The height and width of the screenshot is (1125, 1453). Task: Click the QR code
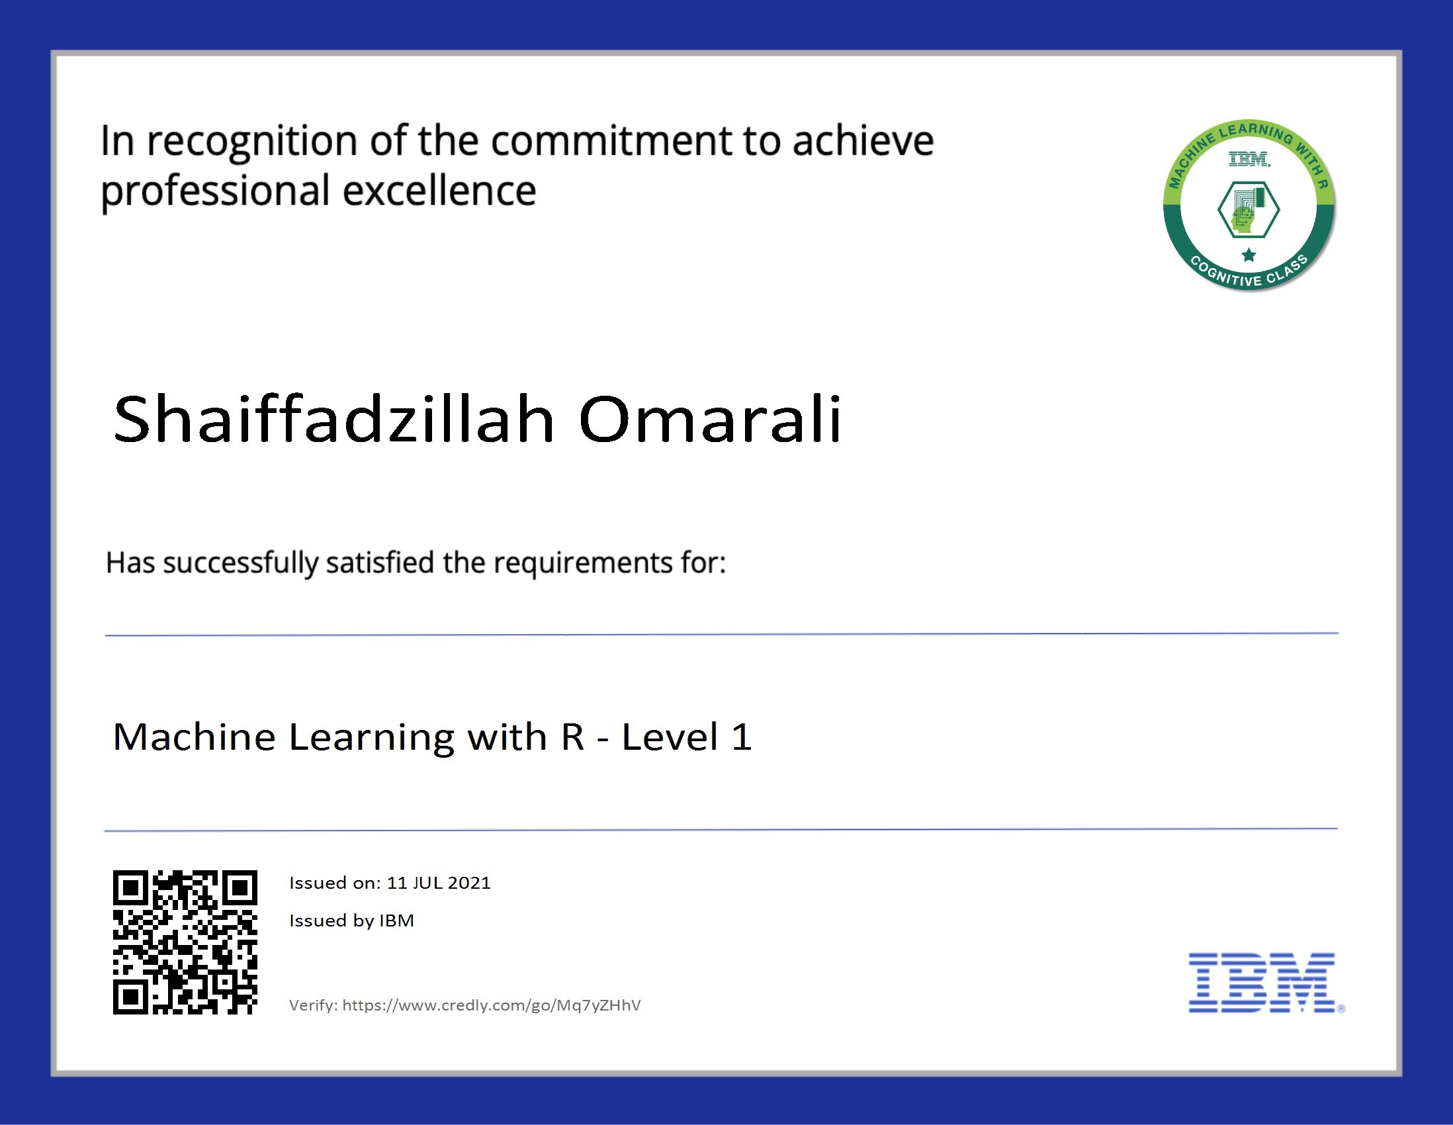click(185, 942)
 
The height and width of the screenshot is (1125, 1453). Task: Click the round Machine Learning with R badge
click(1249, 206)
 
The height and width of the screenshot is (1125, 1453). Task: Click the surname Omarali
click(711, 419)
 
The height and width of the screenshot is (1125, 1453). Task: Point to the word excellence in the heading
click(439, 192)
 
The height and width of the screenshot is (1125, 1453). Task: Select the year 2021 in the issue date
click(469, 883)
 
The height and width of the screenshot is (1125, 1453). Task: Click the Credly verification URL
click(492, 1005)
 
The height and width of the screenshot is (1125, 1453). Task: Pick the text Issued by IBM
click(351, 921)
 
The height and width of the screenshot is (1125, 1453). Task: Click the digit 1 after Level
click(741, 737)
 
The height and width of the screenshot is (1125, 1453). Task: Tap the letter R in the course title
click(572, 737)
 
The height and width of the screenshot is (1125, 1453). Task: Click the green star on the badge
click(1249, 255)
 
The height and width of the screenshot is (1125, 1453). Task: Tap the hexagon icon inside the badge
click(1249, 210)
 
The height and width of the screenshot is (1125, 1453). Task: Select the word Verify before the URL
click(313, 1005)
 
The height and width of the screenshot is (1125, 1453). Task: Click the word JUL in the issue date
click(427, 883)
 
